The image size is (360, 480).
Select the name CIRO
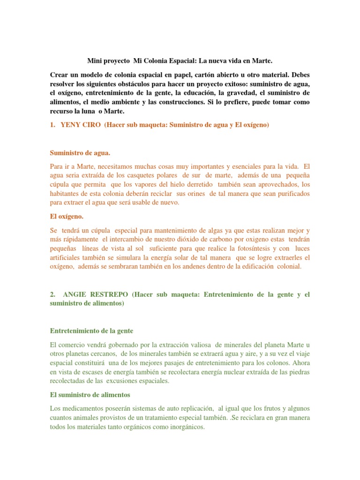pos(91,125)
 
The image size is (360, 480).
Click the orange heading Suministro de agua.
pos(80,153)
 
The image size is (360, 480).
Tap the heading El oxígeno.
pos(67,217)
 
